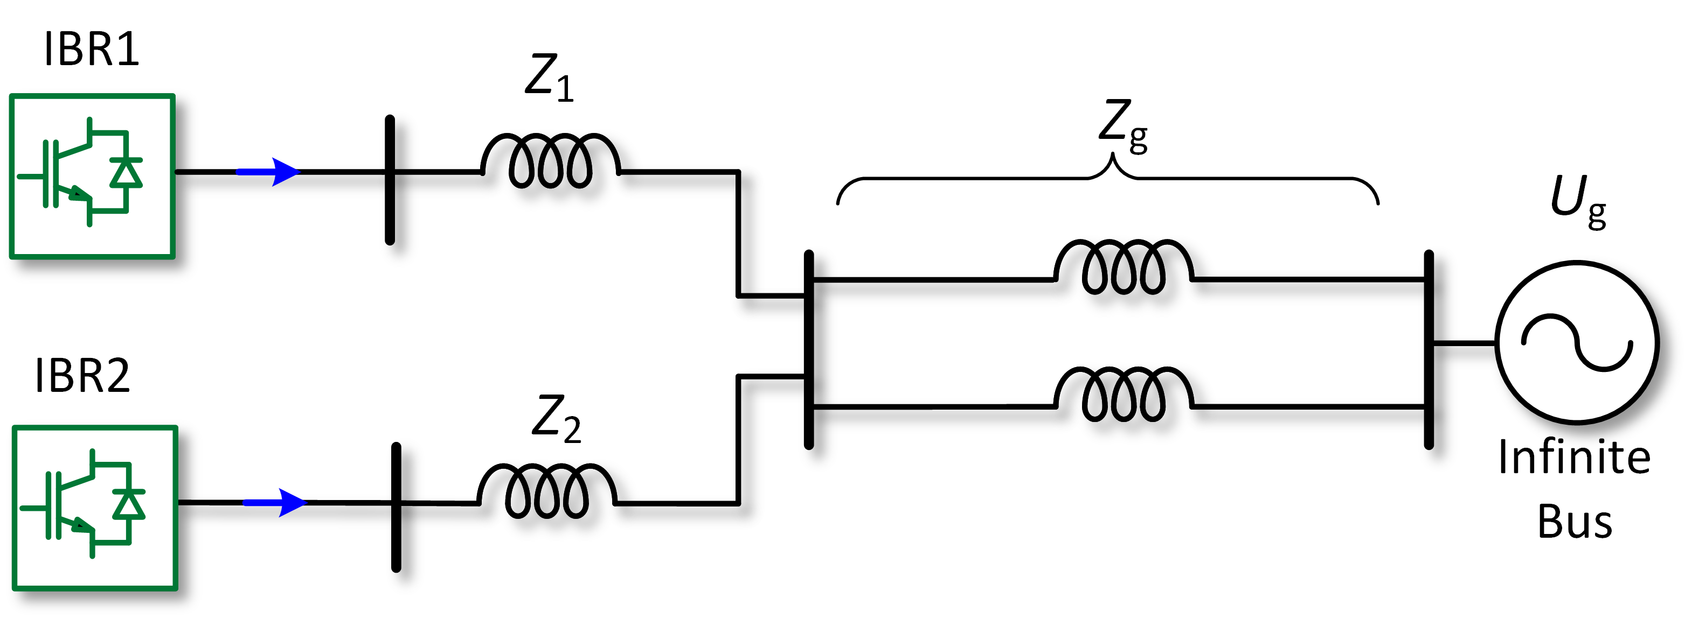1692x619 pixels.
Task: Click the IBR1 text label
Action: [x=92, y=50]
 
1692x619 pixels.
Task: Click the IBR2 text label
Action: [x=83, y=376]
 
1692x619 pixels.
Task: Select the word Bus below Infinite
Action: [x=1574, y=522]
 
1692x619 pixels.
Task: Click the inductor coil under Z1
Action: [x=550, y=161]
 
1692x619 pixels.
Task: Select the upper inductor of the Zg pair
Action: [x=1123, y=266]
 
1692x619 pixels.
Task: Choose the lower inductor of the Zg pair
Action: [x=1123, y=394]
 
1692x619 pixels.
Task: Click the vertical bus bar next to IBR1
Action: [x=390, y=180]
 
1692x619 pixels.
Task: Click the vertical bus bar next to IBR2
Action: [x=396, y=507]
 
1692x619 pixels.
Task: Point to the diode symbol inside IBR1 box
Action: [x=126, y=173]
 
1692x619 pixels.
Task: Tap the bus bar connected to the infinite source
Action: [x=1428, y=349]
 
